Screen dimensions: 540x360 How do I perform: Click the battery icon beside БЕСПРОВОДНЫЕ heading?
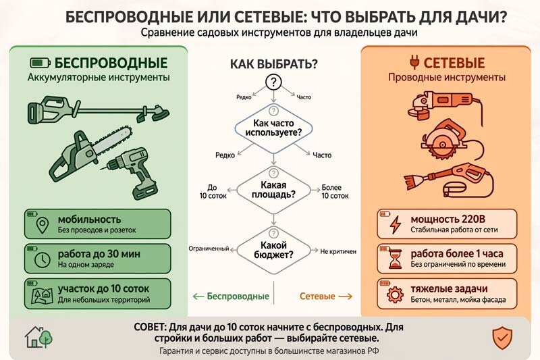[x=40, y=63]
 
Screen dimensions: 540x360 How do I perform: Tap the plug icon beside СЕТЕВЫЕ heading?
[x=414, y=62]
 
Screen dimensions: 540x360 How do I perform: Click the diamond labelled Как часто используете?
[x=273, y=128]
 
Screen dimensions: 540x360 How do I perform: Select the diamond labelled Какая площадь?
[x=273, y=190]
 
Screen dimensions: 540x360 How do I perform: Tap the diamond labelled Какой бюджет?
[x=273, y=250]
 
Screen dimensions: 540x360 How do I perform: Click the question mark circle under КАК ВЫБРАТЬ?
[x=273, y=82]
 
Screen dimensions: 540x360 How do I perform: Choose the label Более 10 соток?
[x=335, y=192]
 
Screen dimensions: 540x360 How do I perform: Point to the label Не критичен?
[x=338, y=252]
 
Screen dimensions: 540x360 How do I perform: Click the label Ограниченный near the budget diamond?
[x=209, y=249]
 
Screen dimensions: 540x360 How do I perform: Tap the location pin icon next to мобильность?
[x=43, y=226]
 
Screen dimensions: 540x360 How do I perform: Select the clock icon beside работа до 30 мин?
[x=43, y=259]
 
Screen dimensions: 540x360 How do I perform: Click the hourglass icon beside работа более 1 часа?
[x=395, y=260]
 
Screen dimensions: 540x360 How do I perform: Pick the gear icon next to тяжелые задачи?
[x=395, y=294]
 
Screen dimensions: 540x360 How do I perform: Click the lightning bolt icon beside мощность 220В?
[x=395, y=225]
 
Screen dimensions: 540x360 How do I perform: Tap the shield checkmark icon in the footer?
[x=502, y=338]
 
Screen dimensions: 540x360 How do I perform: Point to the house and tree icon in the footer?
[x=38, y=337]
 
